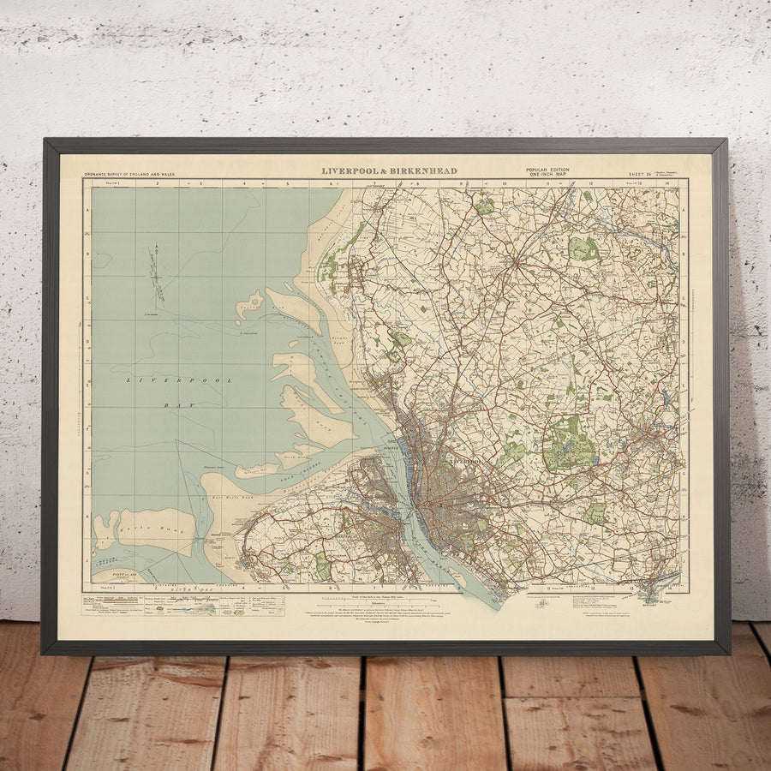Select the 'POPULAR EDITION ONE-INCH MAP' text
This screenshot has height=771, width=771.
[547, 172]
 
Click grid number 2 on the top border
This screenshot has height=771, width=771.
[158, 183]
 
